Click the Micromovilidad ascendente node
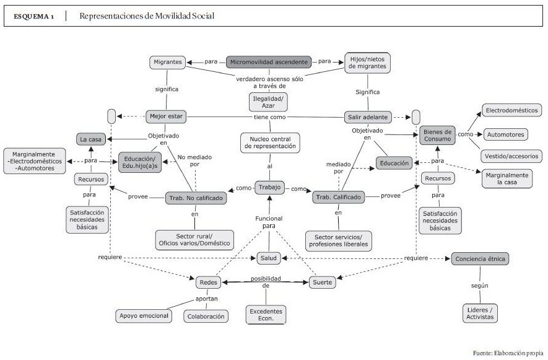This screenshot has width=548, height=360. point(268,62)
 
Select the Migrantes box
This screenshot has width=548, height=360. point(168,62)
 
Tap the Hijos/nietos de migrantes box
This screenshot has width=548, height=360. point(368,63)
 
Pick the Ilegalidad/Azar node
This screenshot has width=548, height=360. point(268,101)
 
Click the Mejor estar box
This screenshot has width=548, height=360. point(166,116)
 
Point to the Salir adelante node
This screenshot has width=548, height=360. point(367,116)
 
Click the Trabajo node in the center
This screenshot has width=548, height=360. point(269,188)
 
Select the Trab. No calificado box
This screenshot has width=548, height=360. point(194,198)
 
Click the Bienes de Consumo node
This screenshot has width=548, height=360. point(437,135)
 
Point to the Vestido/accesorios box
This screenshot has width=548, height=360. point(511,156)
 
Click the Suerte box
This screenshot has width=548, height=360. point(323,282)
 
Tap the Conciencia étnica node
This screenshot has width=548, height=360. point(480,258)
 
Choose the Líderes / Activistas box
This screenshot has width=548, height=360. point(480,312)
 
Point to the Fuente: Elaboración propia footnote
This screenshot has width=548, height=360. point(508,353)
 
